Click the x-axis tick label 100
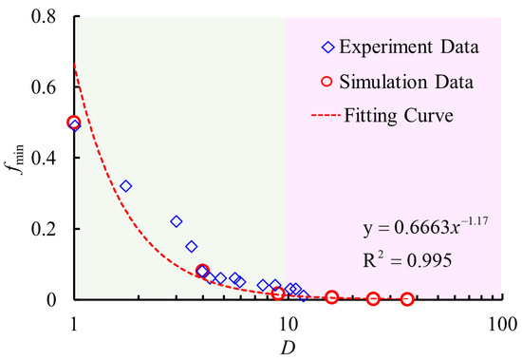tap(500, 322)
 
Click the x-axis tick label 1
tap(74, 322)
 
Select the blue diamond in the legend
tap(328, 46)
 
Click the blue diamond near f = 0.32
tap(125, 186)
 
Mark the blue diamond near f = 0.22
tap(176, 221)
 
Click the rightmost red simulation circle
tap(407, 298)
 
